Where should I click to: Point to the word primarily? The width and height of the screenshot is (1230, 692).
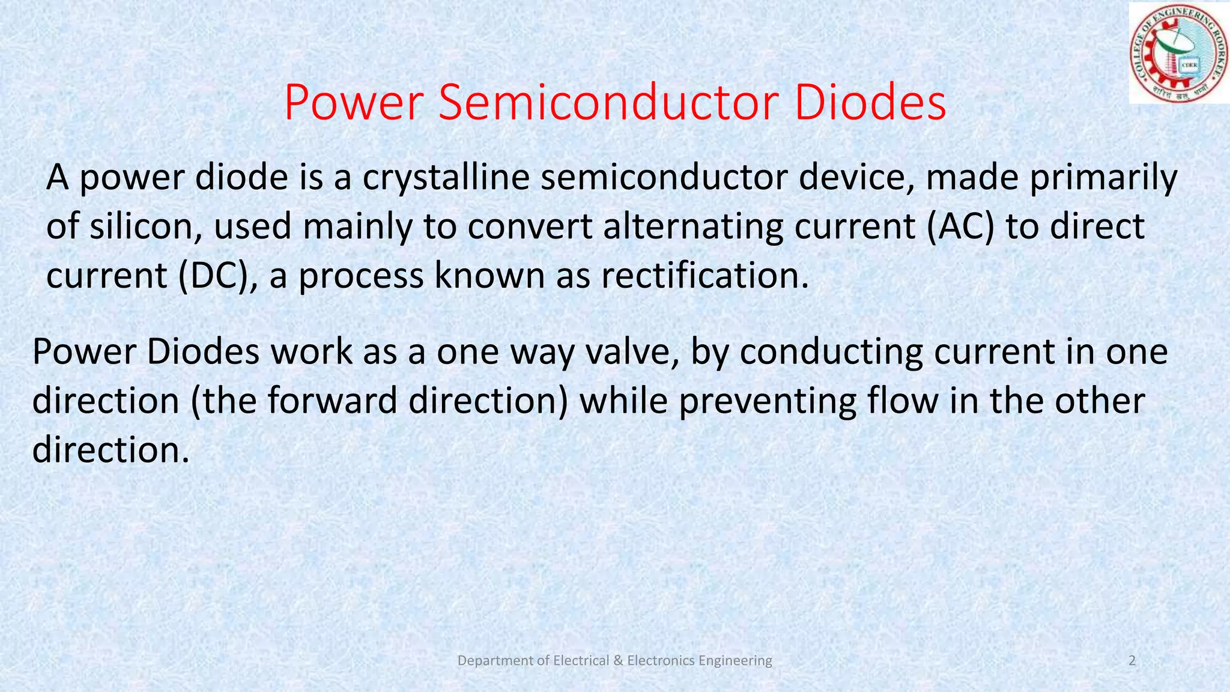pos(1103,178)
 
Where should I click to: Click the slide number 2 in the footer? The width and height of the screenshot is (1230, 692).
pos(1132,661)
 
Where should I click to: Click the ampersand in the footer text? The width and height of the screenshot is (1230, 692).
pos(619,661)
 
